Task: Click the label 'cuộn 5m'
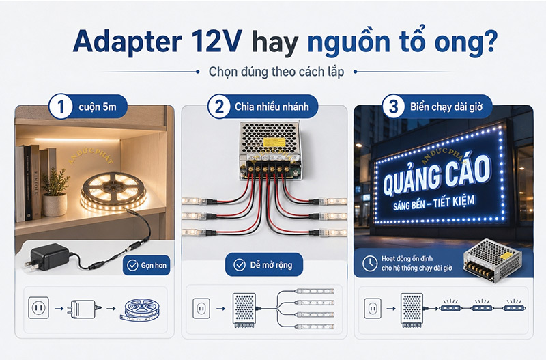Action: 95,107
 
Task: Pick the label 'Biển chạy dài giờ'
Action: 444,107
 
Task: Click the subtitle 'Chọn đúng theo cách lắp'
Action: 272,72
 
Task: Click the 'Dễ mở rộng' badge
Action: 263,264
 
